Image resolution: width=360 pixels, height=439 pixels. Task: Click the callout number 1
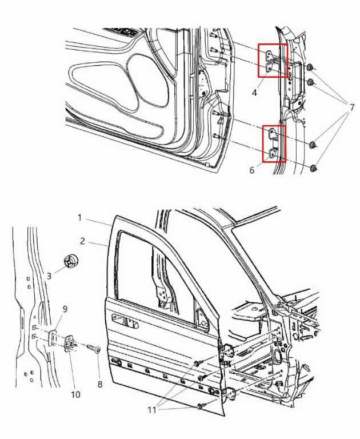(x=81, y=218)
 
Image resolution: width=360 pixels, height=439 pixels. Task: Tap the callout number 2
(x=82, y=242)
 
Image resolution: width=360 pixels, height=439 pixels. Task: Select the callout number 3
(x=50, y=276)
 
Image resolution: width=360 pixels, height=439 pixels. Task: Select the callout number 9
(x=65, y=309)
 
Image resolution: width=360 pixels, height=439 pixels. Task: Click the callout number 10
(x=75, y=394)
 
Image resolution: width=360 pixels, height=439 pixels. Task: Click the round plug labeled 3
(x=71, y=261)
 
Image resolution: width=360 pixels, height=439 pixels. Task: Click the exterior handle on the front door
(x=130, y=324)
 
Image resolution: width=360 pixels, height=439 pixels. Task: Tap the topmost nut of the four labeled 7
(x=309, y=69)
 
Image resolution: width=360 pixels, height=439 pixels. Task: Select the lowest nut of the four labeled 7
(x=314, y=168)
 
